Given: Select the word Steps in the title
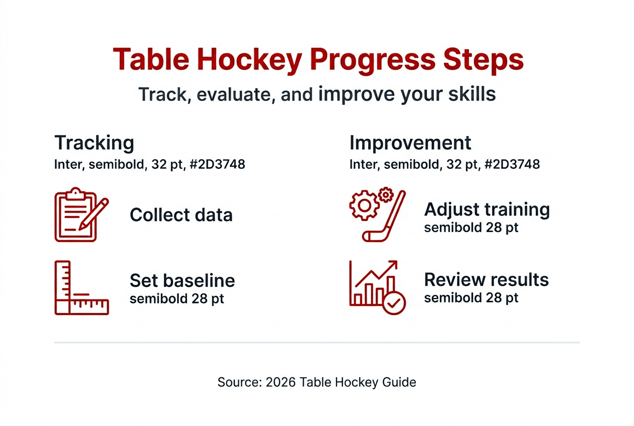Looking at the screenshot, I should pos(481,60).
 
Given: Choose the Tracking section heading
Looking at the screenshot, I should pos(94,143).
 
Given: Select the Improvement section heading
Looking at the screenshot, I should pos(410,143).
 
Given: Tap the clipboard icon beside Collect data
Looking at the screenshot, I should pos(75,215).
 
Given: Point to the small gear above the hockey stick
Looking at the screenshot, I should pos(385,194).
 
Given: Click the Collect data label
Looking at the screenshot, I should pos(181,215).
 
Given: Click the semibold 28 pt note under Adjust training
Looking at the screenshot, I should pos(471,228).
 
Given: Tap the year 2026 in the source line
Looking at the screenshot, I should pos(281,382).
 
